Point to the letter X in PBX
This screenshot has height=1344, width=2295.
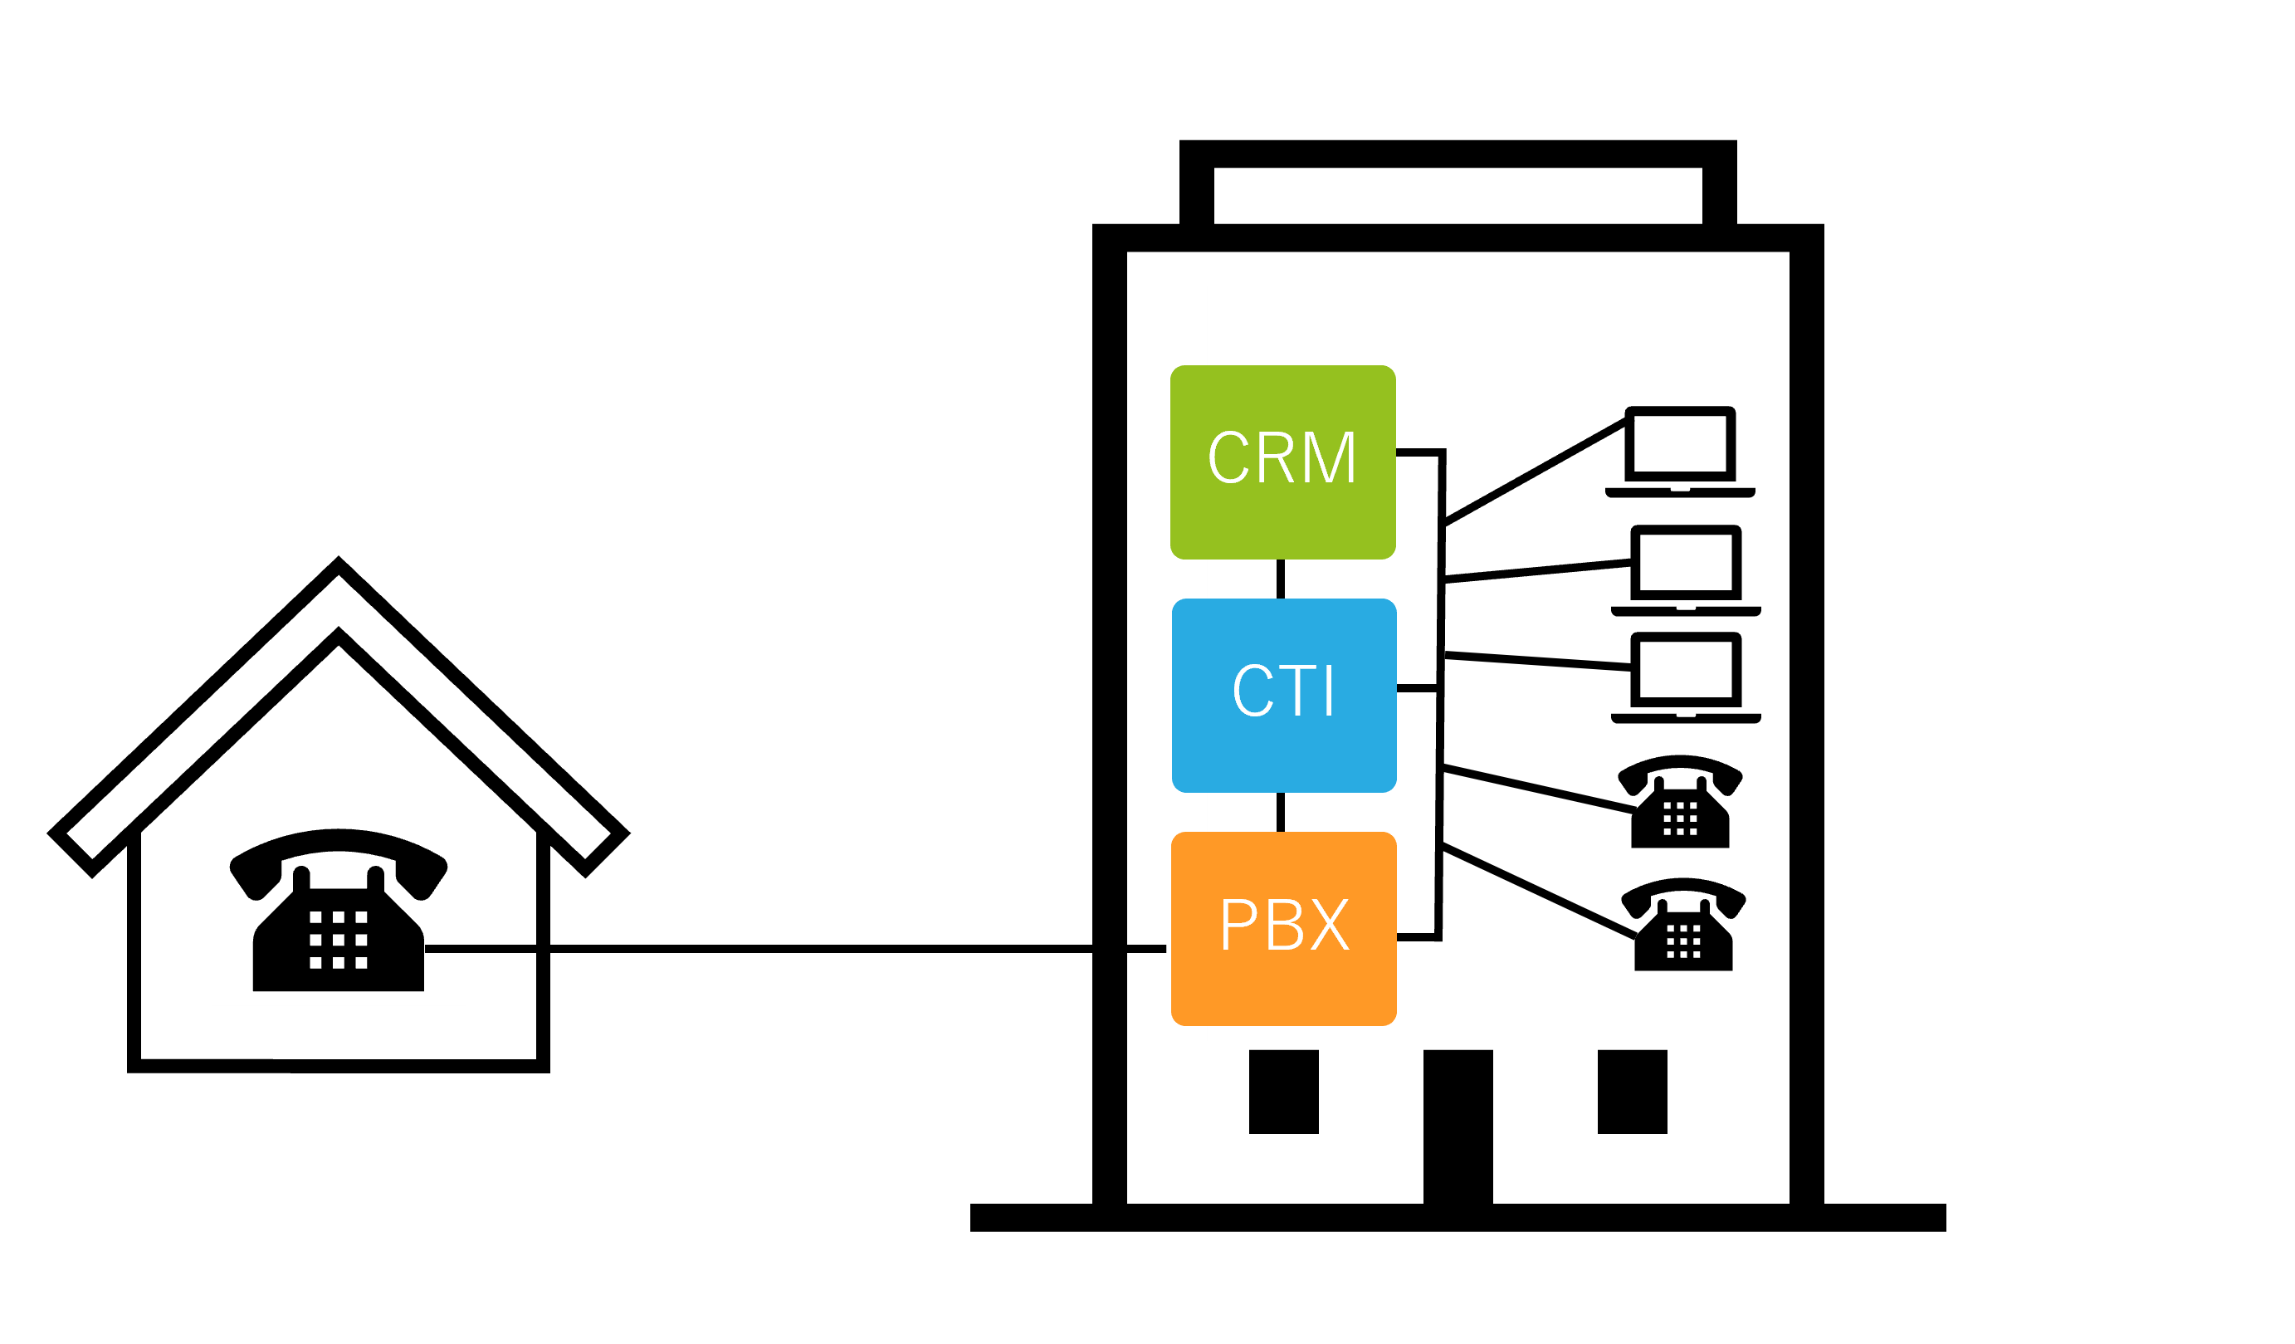[x=1330, y=925]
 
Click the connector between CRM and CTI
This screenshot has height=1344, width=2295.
[x=1281, y=579]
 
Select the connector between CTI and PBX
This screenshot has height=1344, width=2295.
[x=1281, y=812]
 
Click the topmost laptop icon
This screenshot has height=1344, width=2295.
[x=1671, y=452]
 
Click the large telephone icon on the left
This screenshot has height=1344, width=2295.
[x=338, y=911]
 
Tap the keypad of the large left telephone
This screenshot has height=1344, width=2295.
[x=338, y=940]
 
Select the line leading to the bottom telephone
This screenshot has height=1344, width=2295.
[x=1539, y=892]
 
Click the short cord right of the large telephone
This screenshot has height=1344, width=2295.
[x=446, y=949]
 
